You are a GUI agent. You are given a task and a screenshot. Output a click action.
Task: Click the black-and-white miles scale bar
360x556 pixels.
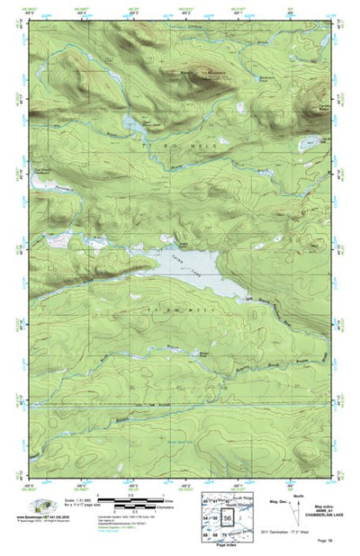pyautogui.click(x=117, y=498)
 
